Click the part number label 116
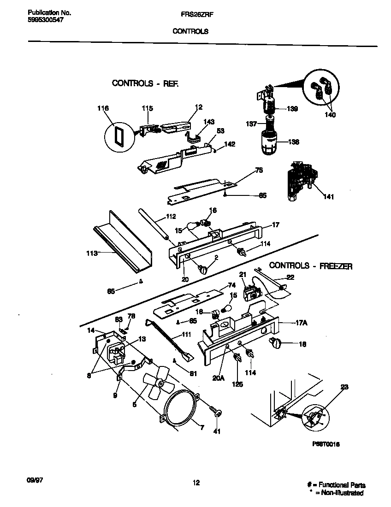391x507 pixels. (103, 108)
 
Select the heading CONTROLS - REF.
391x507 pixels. (145, 83)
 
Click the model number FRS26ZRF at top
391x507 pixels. (194, 14)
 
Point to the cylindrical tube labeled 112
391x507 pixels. (153, 224)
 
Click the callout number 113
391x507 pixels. (92, 253)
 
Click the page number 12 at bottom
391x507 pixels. (196, 483)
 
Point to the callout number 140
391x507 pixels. (330, 115)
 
